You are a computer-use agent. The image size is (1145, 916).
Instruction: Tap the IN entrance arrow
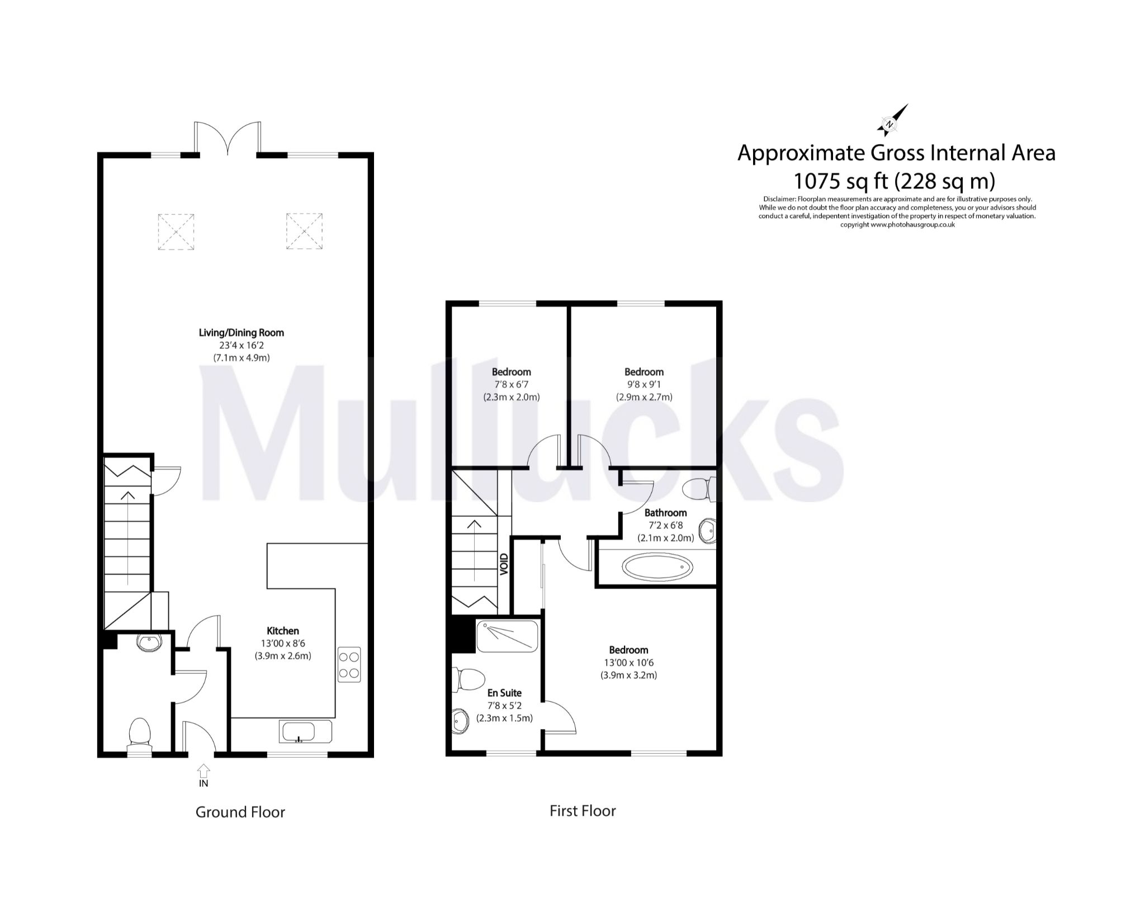(204, 771)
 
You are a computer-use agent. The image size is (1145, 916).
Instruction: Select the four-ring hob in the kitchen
(349, 664)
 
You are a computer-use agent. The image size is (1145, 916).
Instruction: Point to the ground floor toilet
(139, 734)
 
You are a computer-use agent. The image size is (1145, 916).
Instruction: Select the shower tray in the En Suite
(507, 636)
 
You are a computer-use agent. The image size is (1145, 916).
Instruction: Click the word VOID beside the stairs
(504, 564)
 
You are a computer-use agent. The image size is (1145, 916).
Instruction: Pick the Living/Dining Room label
(241, 333)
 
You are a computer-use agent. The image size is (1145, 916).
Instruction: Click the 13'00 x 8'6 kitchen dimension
(283, 644)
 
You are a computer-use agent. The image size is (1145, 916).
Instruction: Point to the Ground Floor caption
(240, 812)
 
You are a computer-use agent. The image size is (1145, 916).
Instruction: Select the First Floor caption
(583, 811)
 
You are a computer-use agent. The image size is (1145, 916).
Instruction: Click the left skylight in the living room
(176, 231)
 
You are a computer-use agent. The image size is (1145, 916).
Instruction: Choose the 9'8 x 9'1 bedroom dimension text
(644, 385)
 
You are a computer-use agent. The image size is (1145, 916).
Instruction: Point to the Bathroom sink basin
(708, 530)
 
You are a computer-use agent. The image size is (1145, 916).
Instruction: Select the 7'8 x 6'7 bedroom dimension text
(511, 385)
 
